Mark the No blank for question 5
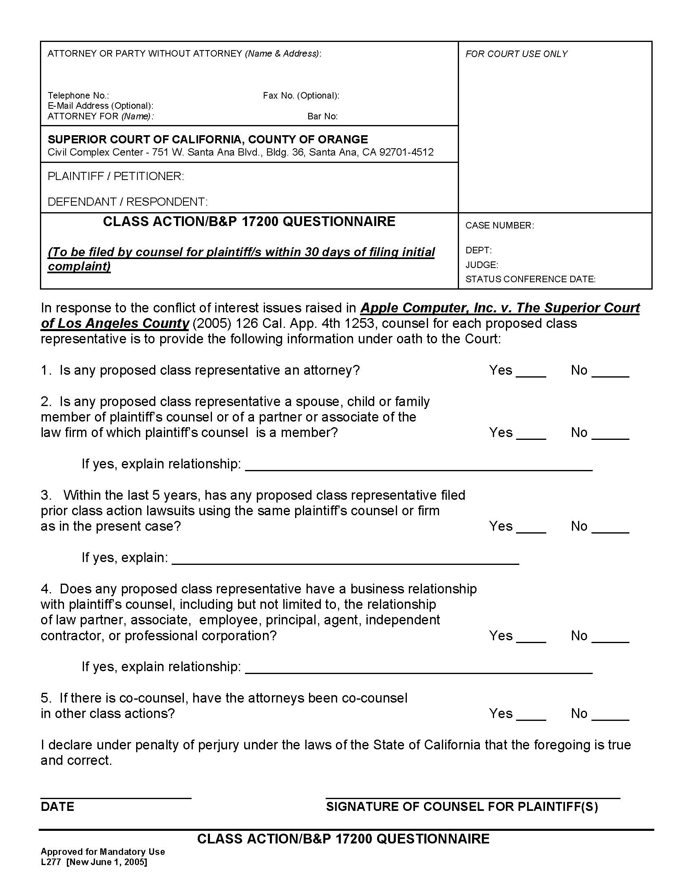coord(610,716)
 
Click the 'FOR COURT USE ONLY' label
coord(516,54)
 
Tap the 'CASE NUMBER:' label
coord(499,225)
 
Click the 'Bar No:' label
coord(322,116)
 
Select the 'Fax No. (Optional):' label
coord(301,96)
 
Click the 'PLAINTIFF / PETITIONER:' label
coord(116,176)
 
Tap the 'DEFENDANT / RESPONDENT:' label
coord(128,202)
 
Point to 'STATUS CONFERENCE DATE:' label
coord(530,279)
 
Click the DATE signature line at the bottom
coord(116,797)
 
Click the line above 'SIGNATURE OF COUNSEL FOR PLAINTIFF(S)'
coord(472,797)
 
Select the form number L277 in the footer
coord(50,862)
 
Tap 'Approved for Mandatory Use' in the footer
coord(103,852)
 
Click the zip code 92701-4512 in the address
coord(406,152)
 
